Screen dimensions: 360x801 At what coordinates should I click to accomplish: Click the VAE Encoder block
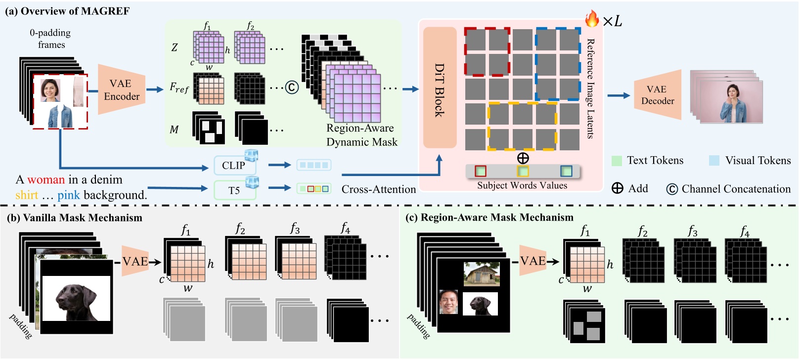click(121, 90)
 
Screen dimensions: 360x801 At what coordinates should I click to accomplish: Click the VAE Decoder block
click(657, 95)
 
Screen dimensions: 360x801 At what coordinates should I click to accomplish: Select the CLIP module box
click(234, 165)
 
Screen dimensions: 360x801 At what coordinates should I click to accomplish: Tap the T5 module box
click(234, 190)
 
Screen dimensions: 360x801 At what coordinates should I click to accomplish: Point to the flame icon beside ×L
click(591, 19)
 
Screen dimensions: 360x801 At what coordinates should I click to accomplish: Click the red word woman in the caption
click(46, 180)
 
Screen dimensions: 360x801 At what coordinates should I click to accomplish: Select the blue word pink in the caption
click(68, 195)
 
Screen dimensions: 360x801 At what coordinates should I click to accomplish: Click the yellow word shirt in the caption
click(26, 195)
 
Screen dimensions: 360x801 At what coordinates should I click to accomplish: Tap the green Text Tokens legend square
click(617, 161)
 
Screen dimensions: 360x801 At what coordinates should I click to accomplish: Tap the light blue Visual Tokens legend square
click(714, 161)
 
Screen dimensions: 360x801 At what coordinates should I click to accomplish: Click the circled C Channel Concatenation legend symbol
click(671, 189)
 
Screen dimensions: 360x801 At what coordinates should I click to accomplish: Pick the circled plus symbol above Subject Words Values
click(523, 158)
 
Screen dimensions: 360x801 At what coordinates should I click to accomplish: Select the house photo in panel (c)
click(481, 274)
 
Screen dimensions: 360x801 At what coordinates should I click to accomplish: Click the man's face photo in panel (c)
click(449, 302)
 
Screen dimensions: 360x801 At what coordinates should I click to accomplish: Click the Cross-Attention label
click(379, 189)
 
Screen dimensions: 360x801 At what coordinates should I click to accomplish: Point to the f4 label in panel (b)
click(345, 228)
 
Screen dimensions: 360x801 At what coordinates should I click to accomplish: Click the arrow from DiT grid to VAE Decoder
click(619, 95)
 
